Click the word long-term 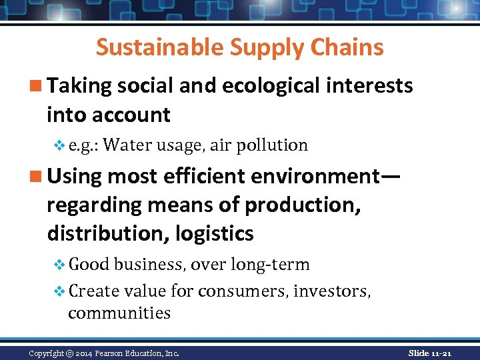270,265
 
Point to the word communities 119,313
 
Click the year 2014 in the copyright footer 86,353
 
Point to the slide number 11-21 439,353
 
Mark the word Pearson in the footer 115,353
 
